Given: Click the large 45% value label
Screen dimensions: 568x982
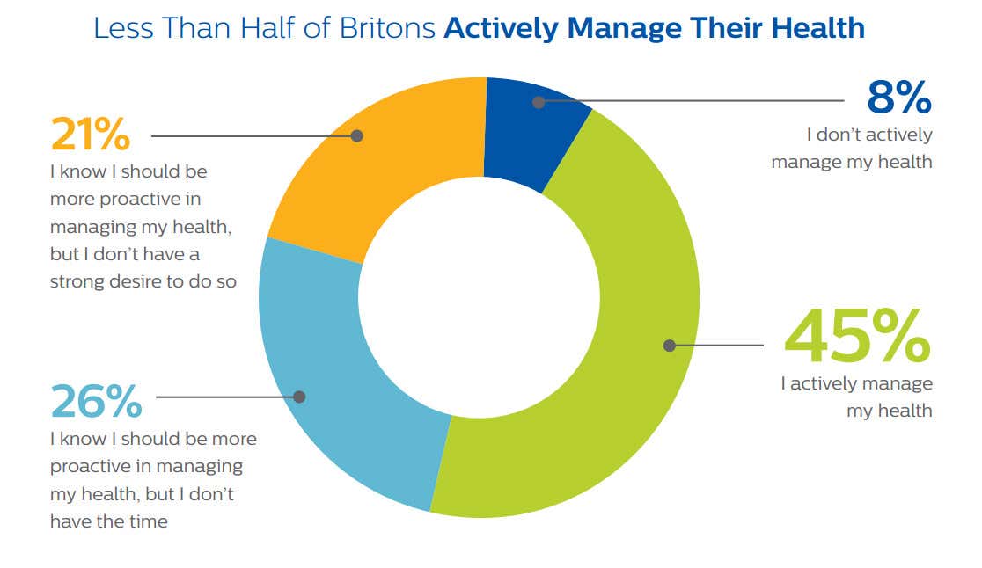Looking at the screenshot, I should [856, 336].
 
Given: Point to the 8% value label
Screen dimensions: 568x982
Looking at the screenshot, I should [898, 98].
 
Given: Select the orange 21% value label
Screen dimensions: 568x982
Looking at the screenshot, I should [90, 135].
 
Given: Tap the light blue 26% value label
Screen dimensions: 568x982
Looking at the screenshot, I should [96, 402].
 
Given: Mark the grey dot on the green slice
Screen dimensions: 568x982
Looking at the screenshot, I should [669, 346].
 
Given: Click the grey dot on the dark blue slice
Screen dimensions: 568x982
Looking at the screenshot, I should [539, 102].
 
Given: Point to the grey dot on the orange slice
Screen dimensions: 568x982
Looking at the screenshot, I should [356, 135].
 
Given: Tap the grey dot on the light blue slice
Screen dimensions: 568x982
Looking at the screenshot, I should [299, 397].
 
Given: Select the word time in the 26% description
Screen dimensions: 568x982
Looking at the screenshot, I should [149, 521].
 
